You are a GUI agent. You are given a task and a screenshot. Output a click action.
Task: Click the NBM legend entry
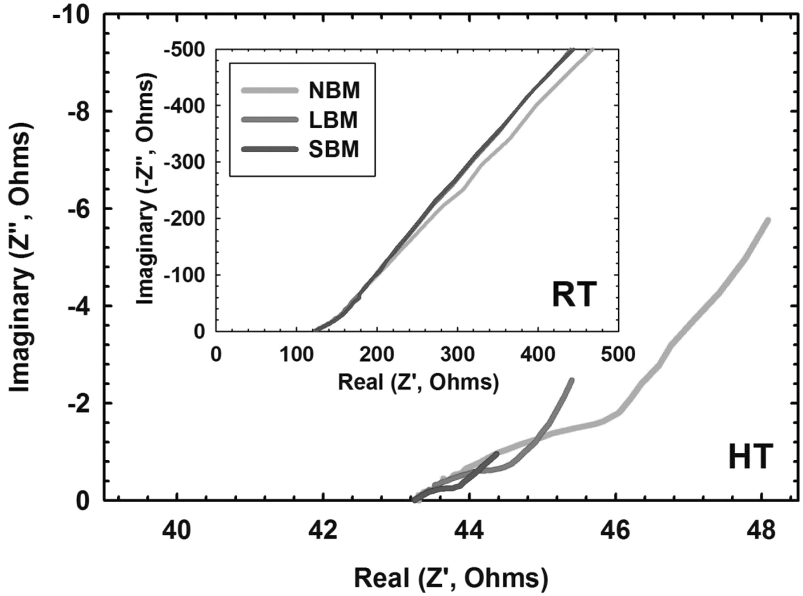(x=334, y=91)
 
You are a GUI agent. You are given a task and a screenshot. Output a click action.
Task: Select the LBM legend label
(x=333, y=120)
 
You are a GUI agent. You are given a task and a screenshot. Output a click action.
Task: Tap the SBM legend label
(x=333, y=149)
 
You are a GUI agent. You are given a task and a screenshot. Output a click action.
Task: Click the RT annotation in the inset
(x=574, y=295)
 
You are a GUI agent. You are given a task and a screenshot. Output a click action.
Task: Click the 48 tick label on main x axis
(x=761, y=531)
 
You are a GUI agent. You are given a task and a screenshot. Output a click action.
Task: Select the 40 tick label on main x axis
(x=177, y=531)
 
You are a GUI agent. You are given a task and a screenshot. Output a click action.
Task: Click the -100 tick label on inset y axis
(x=184, y=275)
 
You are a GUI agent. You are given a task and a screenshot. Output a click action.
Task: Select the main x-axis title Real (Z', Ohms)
(x=451, y=578)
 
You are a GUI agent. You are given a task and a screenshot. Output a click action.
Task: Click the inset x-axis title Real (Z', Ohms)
(x=418, y=382)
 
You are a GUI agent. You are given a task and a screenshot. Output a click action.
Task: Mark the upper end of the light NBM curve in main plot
(x=768, y=220)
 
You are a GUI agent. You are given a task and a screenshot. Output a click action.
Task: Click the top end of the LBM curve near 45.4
(x=571, y=380)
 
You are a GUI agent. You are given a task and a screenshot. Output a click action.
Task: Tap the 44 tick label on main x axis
(x=469, y=531)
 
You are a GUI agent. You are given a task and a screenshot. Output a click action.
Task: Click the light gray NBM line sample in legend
(x=269, y=91)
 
